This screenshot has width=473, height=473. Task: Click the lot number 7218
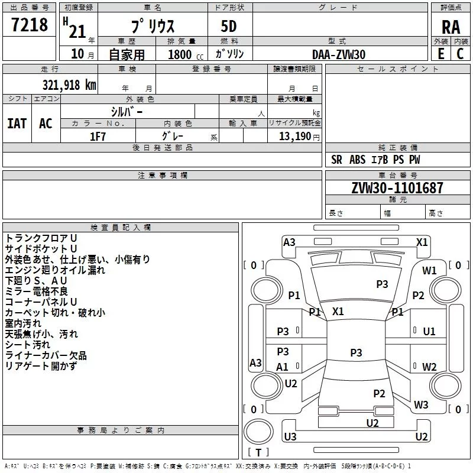30,25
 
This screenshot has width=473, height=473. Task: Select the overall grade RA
451,27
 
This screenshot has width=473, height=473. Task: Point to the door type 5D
229,27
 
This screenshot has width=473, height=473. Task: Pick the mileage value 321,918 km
69,85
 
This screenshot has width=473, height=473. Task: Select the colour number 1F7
98,136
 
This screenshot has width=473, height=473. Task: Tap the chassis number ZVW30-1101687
388,189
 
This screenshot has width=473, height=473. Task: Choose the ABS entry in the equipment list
357,160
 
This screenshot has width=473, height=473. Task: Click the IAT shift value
17,124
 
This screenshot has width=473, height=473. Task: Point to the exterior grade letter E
440,54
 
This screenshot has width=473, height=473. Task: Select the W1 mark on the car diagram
429,270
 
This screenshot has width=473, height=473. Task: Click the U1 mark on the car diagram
429,332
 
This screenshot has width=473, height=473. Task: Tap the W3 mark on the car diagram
421,405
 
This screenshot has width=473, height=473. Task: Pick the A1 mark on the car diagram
283,367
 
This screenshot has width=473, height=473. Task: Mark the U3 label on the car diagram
290,437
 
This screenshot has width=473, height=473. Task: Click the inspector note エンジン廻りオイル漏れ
55,270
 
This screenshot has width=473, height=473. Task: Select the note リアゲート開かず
40,366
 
